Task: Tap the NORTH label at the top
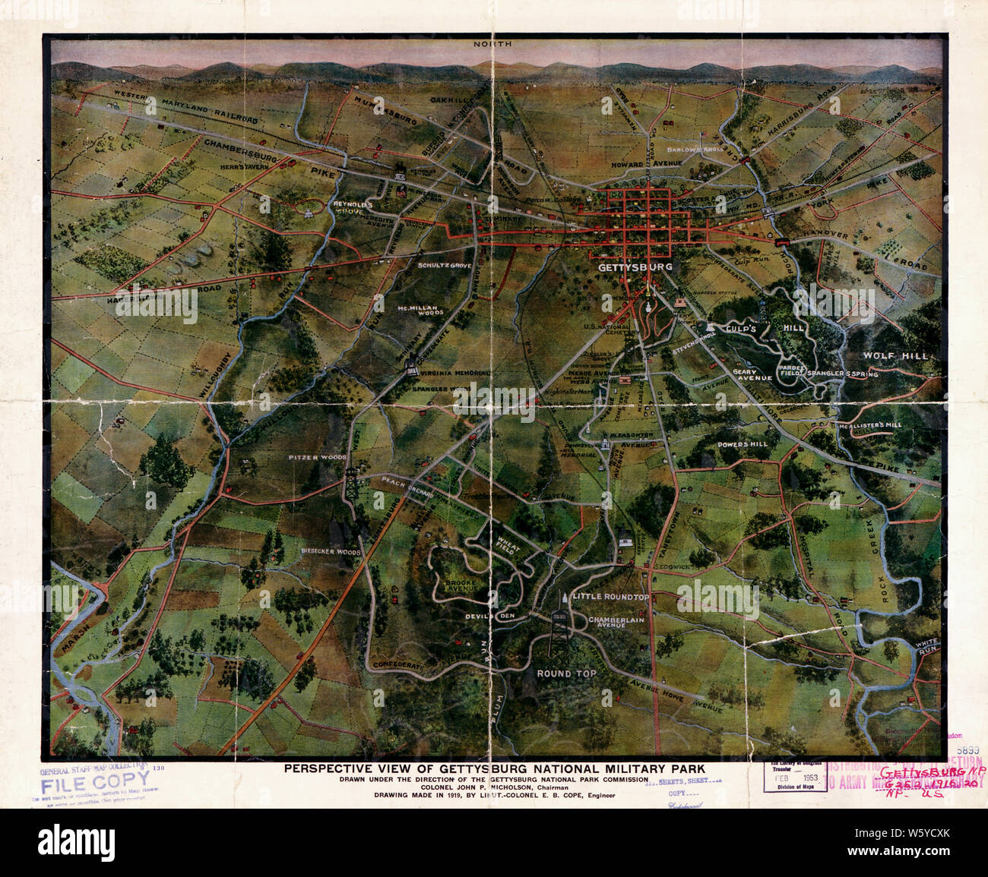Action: tap(492, 45)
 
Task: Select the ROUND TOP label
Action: tap(566, 674)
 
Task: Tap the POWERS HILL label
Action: tap(742, 444)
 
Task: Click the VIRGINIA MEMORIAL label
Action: tap(454, 374)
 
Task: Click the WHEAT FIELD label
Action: tap(507, 546)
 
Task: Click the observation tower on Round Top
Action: tap(560, 626)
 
